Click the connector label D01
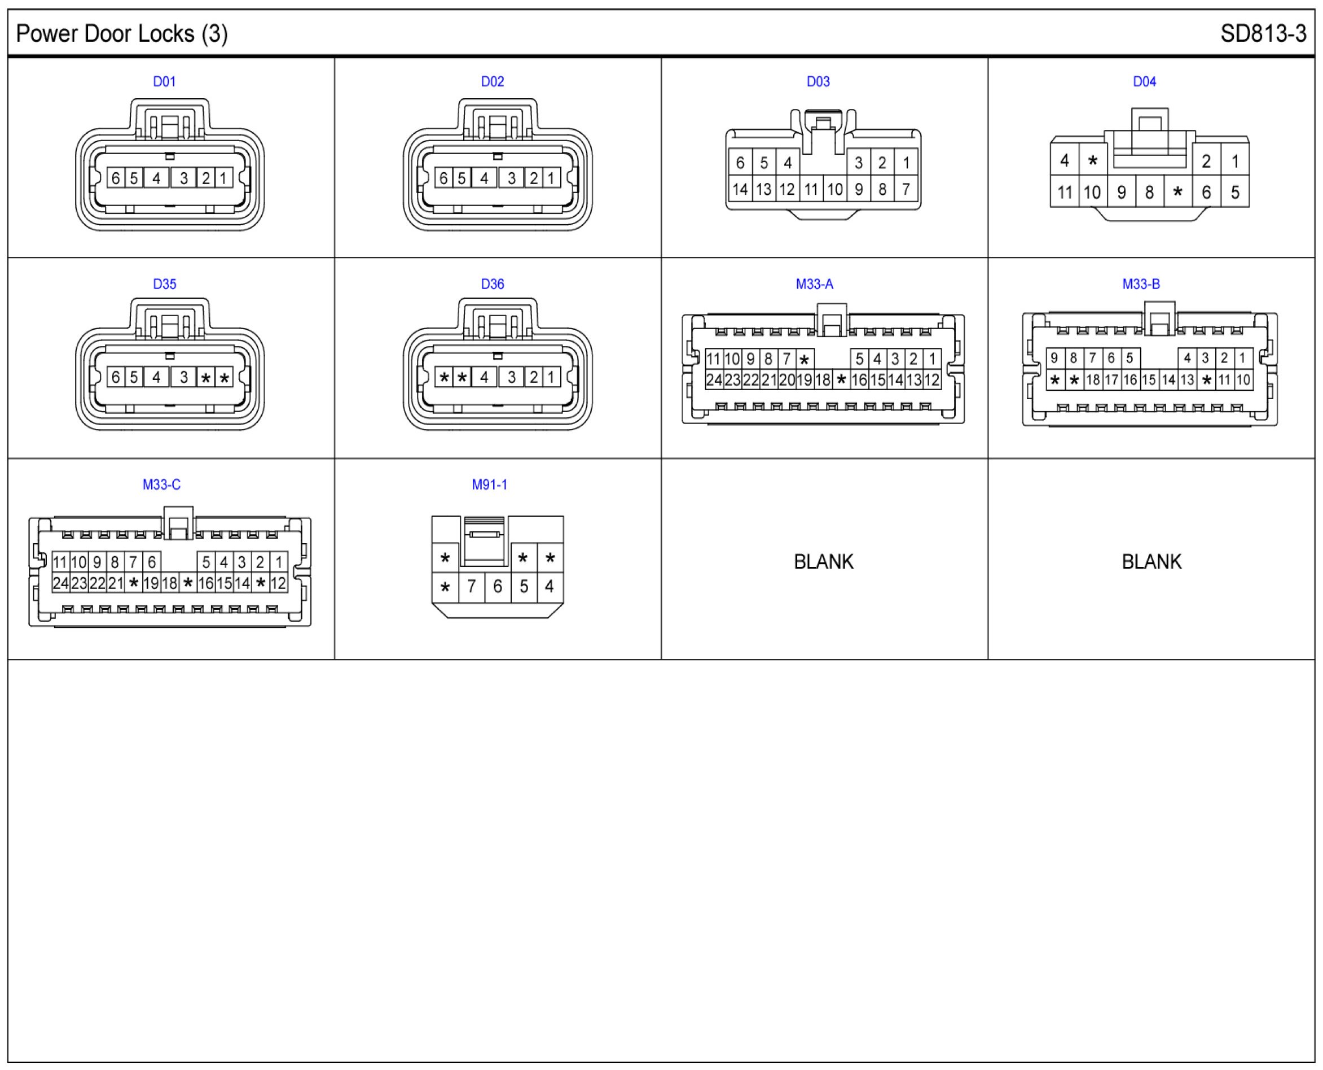164,81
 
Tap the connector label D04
1144,81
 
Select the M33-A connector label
814,284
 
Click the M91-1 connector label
489,484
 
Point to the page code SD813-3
1263,33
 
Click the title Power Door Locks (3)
121,33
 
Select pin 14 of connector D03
739,189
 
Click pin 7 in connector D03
906,189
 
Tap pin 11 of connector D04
1064,193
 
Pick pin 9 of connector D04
1121,193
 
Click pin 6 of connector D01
115,178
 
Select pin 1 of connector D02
551,178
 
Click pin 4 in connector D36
484,377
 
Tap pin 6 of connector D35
115,377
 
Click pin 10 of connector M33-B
1243,379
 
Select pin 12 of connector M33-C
278,583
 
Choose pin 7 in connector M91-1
471,586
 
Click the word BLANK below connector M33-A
824,561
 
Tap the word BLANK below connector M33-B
1151,561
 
